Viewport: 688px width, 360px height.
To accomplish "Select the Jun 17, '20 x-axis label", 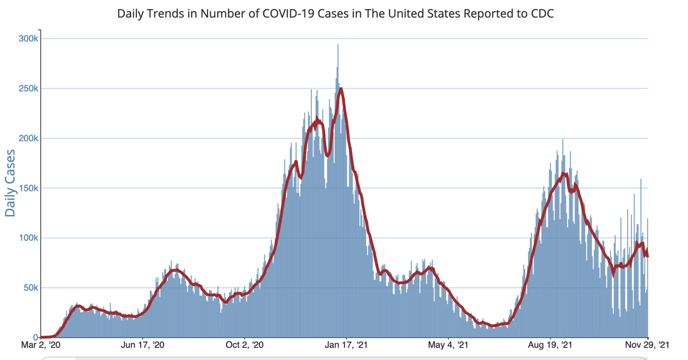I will (x=143, y=345).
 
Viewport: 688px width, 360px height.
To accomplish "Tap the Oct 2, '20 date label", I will (x=245, y=345).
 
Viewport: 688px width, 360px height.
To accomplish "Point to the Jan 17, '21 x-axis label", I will (x=346, y=345).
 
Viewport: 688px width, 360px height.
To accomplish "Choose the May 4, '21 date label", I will (x=448, y=345).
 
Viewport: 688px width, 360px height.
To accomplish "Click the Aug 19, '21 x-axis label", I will (x=550, y=345).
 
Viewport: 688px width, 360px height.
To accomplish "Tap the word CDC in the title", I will (x=542, y=13).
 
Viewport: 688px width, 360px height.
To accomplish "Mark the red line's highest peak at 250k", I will (x=341, y=89).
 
